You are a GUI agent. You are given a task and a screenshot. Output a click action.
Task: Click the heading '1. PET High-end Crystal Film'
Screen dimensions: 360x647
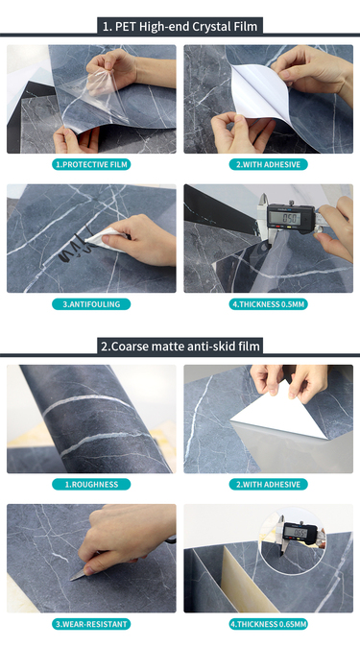pos(180,27)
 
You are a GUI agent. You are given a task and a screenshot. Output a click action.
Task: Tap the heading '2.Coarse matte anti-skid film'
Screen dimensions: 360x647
pos(180,346)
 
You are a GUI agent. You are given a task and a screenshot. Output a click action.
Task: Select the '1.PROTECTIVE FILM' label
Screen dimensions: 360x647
pos(91,164)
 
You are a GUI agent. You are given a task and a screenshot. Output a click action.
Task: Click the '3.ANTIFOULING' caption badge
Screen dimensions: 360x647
pos(91,304)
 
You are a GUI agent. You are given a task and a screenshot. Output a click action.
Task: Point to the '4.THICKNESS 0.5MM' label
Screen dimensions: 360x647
pos(269,304)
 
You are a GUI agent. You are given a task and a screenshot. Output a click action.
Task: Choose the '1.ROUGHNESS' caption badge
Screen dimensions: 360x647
pos(91,484)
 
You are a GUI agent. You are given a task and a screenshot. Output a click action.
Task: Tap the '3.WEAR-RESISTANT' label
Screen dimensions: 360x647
pos(91,624)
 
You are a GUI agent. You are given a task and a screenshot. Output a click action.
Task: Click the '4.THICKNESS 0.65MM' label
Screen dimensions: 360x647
pos(269,624)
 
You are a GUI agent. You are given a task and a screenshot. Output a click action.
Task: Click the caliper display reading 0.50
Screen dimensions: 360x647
pos(288,218)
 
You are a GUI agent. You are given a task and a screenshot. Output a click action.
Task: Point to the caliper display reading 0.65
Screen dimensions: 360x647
pos(300,533)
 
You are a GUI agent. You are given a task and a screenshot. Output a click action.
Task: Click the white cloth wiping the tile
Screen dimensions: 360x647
pos(104,240)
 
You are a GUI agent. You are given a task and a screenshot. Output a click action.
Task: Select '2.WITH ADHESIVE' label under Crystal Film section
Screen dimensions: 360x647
pos(269,164)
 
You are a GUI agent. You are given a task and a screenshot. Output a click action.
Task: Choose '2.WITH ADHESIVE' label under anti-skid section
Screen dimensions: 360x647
pos(269,484)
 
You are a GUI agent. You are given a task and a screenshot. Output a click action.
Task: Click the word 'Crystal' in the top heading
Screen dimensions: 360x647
pos(203,27)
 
